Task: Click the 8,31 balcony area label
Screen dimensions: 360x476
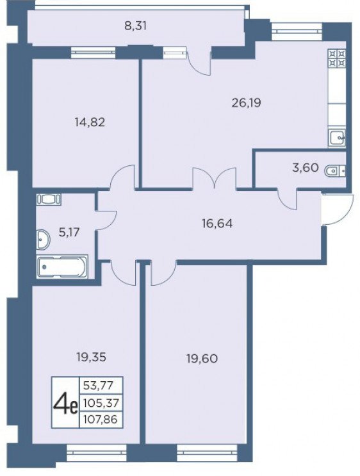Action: [135, 26]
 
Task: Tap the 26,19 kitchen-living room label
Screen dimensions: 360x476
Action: [246, 103]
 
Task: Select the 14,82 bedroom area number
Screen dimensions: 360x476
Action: [90, 122]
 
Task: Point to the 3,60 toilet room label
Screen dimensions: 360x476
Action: [306, 167]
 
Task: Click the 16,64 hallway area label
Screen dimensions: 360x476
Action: [217, 224]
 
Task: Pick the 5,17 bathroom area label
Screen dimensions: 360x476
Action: [69, 233]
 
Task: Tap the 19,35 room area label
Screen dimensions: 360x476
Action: [91, 357]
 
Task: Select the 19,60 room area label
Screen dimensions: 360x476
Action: [202, 359]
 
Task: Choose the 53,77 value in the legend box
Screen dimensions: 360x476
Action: [98, 386]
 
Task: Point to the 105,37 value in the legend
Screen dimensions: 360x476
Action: [101, 404]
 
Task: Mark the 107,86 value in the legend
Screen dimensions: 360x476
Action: [101, 420]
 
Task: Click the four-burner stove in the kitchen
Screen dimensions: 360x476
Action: [337, 58]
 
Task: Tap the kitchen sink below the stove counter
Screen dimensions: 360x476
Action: [337, 138]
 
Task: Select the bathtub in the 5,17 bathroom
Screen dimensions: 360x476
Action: [62, 267]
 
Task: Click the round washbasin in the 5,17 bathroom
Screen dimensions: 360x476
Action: [43, 240]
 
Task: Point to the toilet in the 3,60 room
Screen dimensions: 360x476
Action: [335, 171]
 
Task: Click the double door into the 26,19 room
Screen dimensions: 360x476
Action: [215, 179]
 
